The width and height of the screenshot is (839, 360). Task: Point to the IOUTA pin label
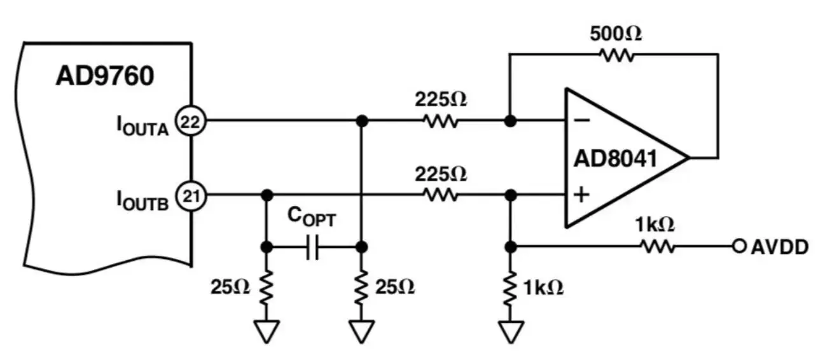click(x=141, y=125)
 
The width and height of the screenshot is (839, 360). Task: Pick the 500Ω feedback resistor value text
click(x=615, y=34)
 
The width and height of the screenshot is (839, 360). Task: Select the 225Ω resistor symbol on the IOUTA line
click(x=440, y=120)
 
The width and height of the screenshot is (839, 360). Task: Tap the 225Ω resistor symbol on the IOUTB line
click(x=440, y=195)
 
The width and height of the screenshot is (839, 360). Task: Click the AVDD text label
click(x=780, y=247)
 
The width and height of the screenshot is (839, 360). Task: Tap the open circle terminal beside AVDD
click(x=738, y=247)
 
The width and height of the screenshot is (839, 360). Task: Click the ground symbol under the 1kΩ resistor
click(x=510, y=331)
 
